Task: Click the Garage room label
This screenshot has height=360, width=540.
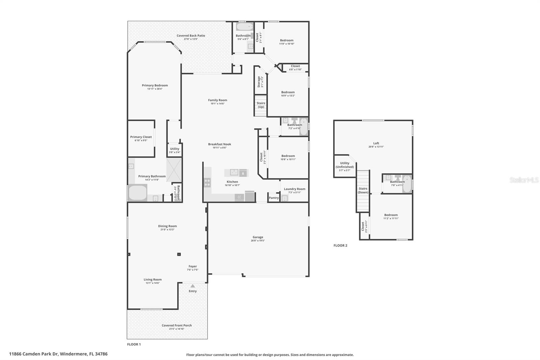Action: (258, 237)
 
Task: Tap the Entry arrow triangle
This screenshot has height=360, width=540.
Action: (193, 286)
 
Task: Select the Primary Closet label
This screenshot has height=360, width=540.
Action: (141, 137)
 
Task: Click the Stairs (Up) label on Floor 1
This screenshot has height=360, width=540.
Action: (261, 105)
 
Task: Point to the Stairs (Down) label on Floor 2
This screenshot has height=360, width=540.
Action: (363, 190)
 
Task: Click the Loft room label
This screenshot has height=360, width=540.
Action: (376, 143)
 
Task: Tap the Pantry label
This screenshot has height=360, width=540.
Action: (274, 198)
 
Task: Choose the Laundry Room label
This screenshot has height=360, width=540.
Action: (294, 189)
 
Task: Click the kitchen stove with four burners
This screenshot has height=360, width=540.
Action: (207, 183)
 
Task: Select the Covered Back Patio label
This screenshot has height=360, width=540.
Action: (191, 35)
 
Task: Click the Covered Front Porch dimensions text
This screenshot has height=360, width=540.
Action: (177, 329)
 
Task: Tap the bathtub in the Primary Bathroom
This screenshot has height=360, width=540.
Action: (137, 192)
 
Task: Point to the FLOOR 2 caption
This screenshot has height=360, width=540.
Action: (340, 246)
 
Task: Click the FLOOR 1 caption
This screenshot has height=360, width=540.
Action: (134, 344)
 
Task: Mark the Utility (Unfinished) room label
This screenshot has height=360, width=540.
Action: (345, 165)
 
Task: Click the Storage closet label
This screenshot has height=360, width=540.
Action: (259, 82)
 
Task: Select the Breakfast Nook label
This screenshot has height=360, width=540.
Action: (219, 144)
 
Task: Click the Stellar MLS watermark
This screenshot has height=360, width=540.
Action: (524, 180)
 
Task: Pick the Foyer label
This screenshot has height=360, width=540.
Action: (192, 266)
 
